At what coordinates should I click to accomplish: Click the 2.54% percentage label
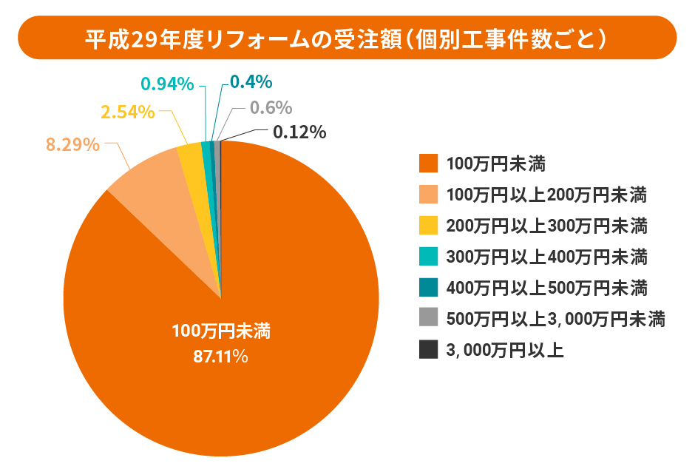[128, 112]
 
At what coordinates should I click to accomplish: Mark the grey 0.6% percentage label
[271, 108]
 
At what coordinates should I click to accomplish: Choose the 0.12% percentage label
[299, 132]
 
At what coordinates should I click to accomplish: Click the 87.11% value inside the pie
[220, 357]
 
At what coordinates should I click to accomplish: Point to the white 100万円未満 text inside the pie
[221, 331]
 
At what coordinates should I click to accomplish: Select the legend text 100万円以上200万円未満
[547, 195]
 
